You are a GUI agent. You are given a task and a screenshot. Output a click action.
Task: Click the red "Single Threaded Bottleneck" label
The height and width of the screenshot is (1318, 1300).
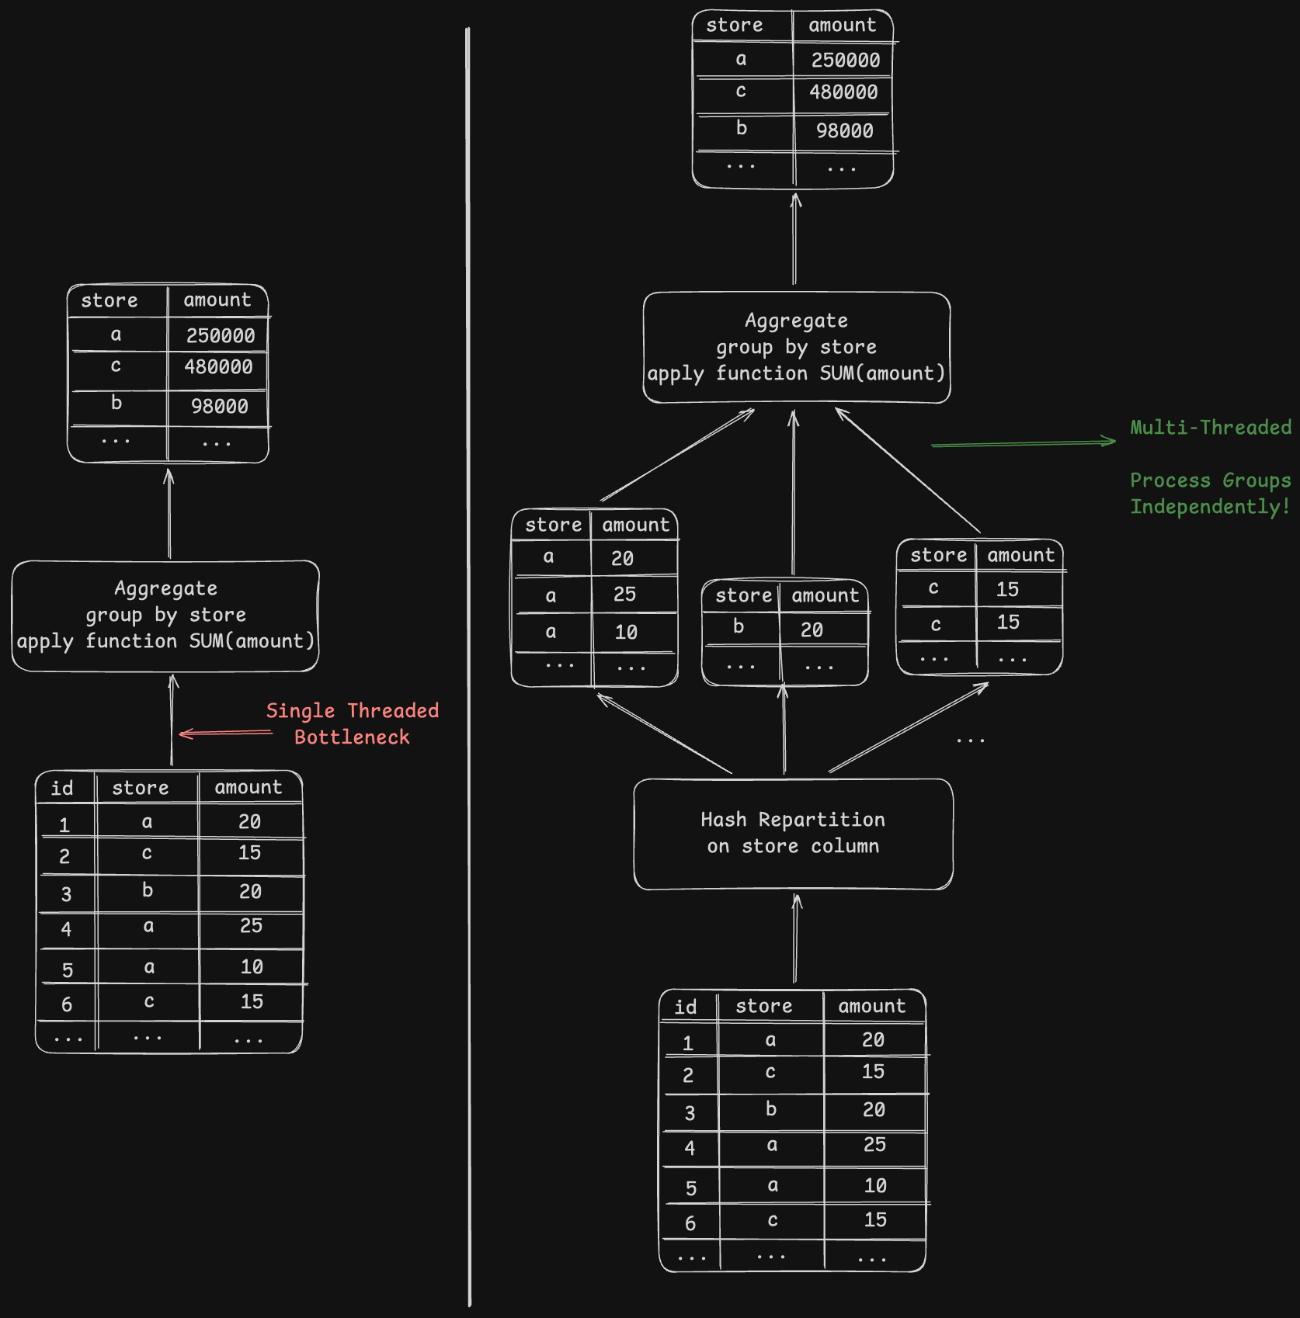click(x=353, y=723)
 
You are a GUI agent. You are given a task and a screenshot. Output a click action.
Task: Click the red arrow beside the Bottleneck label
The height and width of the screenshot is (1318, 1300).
click(x=225, y=733)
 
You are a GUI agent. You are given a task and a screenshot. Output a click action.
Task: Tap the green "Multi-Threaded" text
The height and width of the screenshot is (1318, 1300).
click(x=1210, y=428)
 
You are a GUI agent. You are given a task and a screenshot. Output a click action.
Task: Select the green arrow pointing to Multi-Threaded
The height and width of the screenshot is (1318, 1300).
click(x=1024, y=443)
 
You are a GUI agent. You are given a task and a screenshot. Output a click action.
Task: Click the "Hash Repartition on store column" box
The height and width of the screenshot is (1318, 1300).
click(x=793, y=834)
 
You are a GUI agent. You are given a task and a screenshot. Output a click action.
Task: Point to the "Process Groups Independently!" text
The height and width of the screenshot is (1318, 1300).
click(x=1210, y=494)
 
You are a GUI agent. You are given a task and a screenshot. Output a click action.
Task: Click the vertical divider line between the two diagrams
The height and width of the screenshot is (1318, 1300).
click(x=468, y=668)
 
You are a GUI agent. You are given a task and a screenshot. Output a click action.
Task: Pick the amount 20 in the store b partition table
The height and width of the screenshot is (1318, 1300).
click(x=812, y=630)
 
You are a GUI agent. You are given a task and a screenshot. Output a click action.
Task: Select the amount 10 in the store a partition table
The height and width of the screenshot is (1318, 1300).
click(x=626, y=633)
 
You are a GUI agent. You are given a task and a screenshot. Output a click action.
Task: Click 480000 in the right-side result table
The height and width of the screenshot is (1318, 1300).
click(x=843, y=92)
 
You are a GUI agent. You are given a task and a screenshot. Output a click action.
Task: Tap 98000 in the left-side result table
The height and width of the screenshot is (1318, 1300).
click(x=220, y=407)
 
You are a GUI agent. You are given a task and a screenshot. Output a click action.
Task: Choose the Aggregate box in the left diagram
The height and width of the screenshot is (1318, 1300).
click(x=165, y=616)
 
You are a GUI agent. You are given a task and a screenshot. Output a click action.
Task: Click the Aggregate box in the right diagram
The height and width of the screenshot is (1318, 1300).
click(x=796, y=348)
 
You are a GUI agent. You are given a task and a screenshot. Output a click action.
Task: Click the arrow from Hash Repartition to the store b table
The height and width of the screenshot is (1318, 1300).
click(x=784, y=730)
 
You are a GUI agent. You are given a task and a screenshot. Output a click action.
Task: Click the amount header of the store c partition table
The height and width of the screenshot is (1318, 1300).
click(x=1020, y=556)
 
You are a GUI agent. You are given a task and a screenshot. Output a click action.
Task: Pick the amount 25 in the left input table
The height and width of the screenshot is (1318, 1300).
click(x=251, y=926)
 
